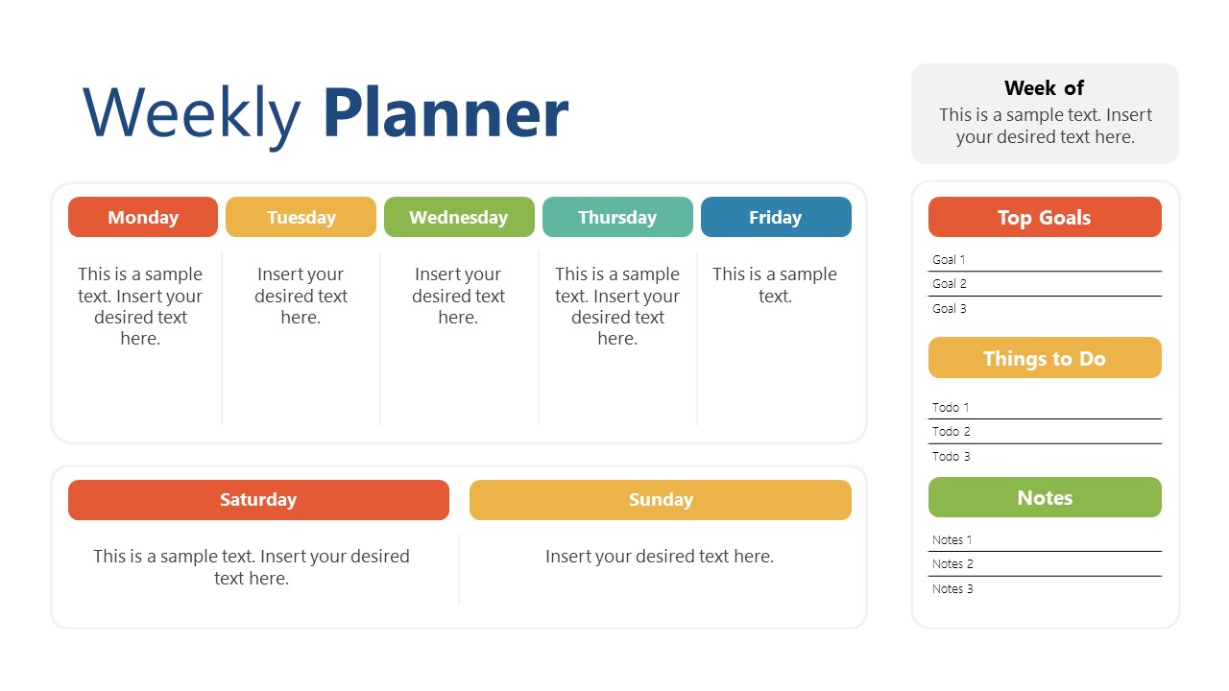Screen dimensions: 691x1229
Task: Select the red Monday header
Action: point(143,217)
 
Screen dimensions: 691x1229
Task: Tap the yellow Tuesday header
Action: point(301,217)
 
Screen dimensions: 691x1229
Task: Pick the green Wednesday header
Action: point(459,217)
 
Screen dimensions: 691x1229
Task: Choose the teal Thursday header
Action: point(617,217)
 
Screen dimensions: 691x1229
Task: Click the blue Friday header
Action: point(776,217)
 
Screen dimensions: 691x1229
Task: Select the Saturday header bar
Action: point(258,500)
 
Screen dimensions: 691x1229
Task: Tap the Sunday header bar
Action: point(661,500)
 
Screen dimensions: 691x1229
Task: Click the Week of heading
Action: point(1044,88)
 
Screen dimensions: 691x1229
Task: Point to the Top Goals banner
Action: point(1045,217)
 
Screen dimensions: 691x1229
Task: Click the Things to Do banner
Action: point(1045,358)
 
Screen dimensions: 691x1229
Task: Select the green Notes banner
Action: point(1045,497)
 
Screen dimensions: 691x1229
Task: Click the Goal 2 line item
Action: point(950,284)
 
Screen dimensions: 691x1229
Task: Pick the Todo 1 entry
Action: point(951,408)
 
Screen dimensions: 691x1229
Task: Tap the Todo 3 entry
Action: point(951,457)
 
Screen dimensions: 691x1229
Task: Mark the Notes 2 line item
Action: point(952,564)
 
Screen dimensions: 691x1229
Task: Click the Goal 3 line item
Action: point(950,309)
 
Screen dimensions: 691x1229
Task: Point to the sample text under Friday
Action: point(775,285)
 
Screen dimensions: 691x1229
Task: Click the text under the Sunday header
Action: point(660,557)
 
